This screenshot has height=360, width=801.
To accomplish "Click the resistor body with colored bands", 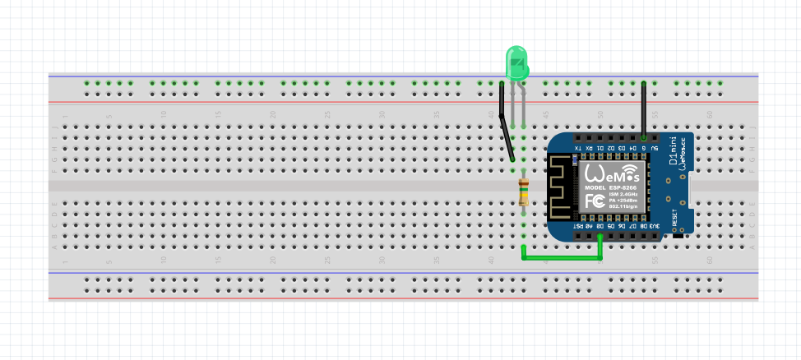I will click(523, 193).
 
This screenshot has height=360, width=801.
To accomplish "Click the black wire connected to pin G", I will click(643, 107).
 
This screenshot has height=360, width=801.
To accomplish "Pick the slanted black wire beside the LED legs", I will click(506, 127).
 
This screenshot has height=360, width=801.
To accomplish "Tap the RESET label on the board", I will click(675, 219).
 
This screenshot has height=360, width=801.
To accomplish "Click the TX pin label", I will click(578, 148).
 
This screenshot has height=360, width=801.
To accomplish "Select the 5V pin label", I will click(655, 148).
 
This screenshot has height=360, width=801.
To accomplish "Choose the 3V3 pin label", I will click(655, 225).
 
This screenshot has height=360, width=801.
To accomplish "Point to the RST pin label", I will click(578, 225).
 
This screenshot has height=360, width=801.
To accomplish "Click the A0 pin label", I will click(589, 225).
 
